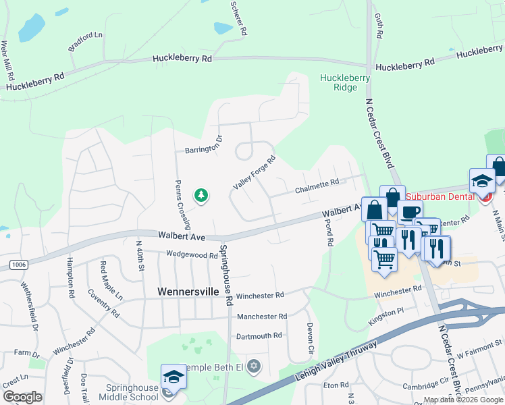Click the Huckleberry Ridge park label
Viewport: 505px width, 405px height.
click(345, 82)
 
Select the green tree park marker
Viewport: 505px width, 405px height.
click(201, 196)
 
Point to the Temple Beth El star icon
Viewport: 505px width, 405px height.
click(254, 367)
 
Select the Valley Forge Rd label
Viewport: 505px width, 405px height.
click(255, 173)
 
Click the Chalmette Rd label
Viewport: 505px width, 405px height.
click(316, 184)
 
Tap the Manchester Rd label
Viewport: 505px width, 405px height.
click(261, 316)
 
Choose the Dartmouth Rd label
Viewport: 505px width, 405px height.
click(259, 335)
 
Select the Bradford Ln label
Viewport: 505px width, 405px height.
click(85, 42)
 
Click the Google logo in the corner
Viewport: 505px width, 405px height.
click(22, 397)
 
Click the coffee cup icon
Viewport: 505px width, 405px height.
click(409, 212)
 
